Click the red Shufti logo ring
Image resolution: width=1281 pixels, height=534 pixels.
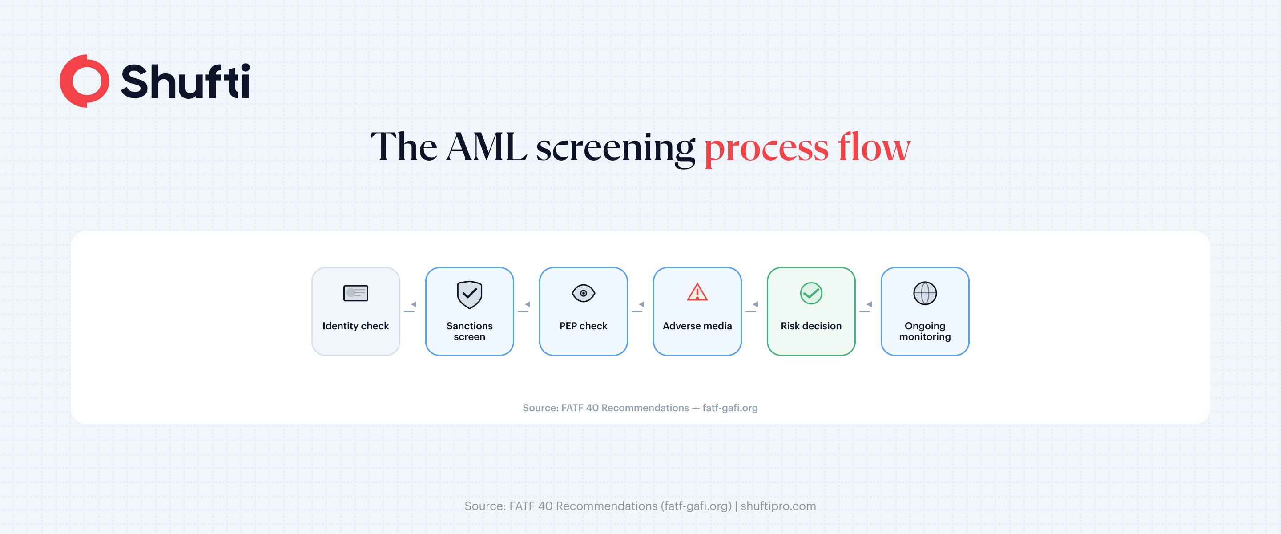pyautogui.click(x=84, y=81)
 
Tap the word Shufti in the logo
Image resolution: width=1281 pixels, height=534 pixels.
pyautogui.click(x=185, y=81)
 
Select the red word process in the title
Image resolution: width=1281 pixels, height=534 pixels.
pyautogui.click(x=766, y=148)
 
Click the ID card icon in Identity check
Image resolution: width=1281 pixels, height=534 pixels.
pyautogui.click(x=355, y=293)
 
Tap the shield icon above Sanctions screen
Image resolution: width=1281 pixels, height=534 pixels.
pyautogui.click(x=469, y=294)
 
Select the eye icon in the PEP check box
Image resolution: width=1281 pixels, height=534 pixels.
pyautogui.click(x=583, y=293)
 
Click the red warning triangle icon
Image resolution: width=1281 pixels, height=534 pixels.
pyautogui.click(x=697, y=293)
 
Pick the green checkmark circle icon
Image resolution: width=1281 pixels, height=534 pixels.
pyautogui.click(x=811, y=293)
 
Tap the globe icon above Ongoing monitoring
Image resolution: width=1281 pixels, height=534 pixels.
pyautogui.click(x=925, y=293)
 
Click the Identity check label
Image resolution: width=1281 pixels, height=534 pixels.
pyautogui.click(x=355, y=326)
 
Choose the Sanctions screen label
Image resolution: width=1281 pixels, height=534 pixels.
pyautogui.click(x=469, y=331)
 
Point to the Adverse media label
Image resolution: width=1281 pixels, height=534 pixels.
pyautogui.click(x=697, y=326)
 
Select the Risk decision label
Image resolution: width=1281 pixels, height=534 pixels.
pyautogui.click(x=811, y=326)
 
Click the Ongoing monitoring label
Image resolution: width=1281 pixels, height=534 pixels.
pyautogui.click(x=925, y=331)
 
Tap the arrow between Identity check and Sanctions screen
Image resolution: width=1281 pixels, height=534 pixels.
pyautogui.click(x=411, y=307)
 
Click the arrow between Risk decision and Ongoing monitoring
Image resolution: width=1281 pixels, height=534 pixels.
pyautogui.click(x=866, y=307)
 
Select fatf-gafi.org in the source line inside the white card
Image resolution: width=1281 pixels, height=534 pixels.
pyautogui.click(x=730, y=408)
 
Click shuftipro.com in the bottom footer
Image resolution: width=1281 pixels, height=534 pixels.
pyautogui.click(x=778, y=506)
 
